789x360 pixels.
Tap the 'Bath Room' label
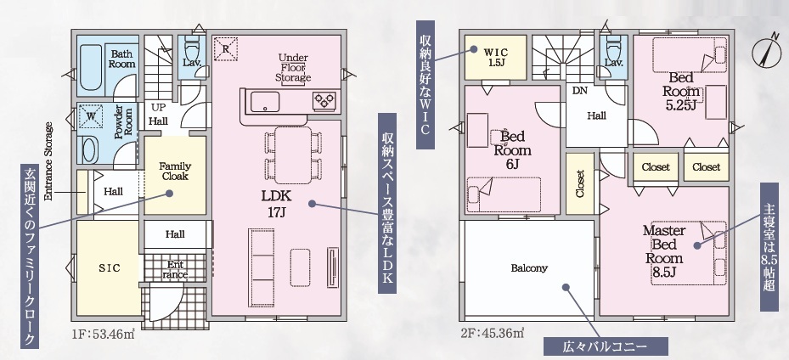click(x=123, y=59)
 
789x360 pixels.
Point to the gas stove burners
click(x=324, y=101)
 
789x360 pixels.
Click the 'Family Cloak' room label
click(x=175, y=171)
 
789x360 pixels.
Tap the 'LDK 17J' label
click(x=276, y=204)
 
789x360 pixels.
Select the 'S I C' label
click(x=110, y=268)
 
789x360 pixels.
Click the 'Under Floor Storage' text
click(x=293, y=67)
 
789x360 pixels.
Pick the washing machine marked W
click(x=91, y=115)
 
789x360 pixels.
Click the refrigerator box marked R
click(x=225, y=48)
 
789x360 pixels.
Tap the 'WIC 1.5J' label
click(x=496, y=58)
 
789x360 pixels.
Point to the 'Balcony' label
click(x=529, y=268)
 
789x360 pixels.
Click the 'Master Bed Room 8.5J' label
click(x=664, y=251)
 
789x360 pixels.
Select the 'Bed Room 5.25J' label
click(x=681, y=91)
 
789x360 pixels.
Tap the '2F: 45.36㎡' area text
click(x=492, y=333)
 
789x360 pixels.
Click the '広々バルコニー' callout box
click(x=606, y=346)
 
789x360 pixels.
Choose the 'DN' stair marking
click(x=580, y=91)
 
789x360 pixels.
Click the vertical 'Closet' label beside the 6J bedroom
click(x=580, y=184)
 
